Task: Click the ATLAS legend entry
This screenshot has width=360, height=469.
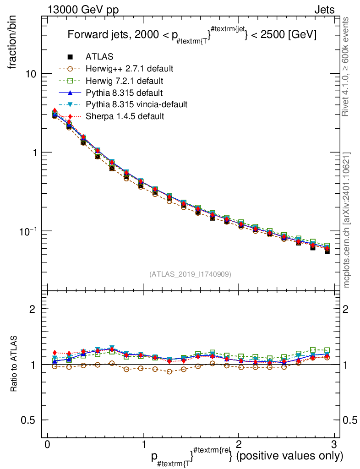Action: [x=99, y=57]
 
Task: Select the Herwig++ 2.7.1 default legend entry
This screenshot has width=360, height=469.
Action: [x=129, y=69]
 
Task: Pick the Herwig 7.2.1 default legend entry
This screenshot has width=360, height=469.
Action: [x=124, y=81]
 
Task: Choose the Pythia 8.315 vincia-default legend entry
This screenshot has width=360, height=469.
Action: [x=136, y=104]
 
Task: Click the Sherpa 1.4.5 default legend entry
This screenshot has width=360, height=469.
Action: [x=125, y=116]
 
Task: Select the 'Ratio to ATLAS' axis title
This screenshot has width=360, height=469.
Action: [x=14, y=364]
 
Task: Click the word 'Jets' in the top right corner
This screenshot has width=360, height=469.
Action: [x=324, y=9]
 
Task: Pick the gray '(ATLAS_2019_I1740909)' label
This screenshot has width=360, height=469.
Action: [x=190, y=274]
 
